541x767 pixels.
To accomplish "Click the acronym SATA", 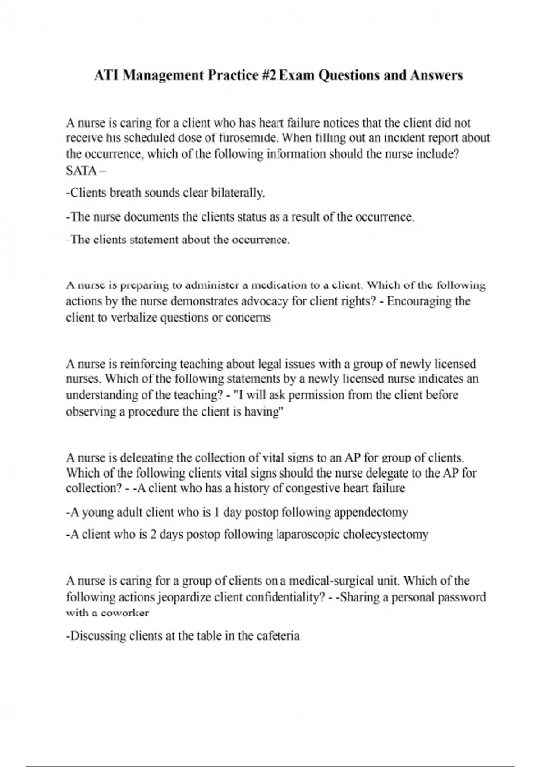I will [x=81, y=171].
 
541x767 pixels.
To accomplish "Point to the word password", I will [x=461, y=597].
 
